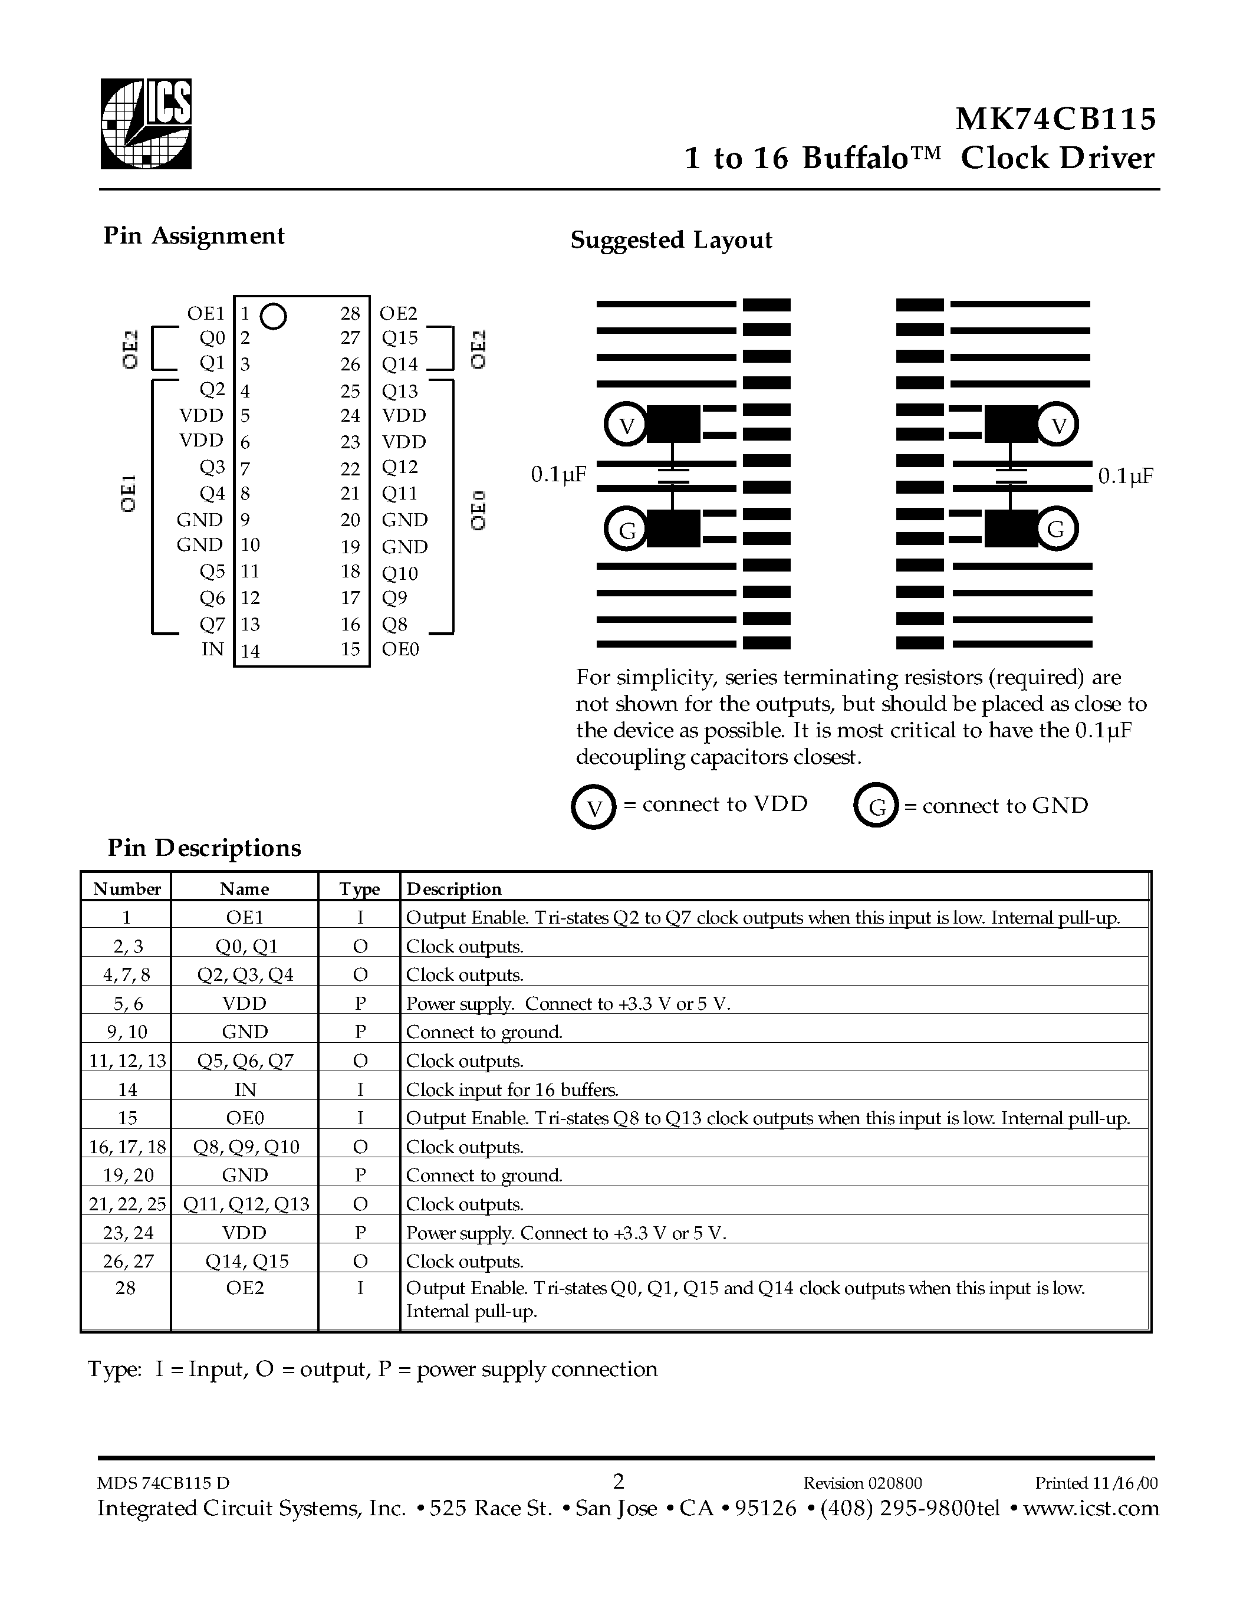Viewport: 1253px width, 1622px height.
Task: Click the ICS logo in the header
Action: coord(146,124)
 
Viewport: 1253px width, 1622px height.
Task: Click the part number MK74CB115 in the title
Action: coord(1055,119)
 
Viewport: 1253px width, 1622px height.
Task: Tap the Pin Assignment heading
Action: coord(194,236)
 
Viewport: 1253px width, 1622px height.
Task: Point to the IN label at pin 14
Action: coord(212,649)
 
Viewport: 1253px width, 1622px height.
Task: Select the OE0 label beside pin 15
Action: coord(400,649)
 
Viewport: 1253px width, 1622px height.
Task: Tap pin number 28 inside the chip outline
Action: coord(350,313)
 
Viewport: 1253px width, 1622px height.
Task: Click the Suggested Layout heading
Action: coord(671,240)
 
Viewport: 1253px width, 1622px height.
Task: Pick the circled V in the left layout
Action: coord(627,425)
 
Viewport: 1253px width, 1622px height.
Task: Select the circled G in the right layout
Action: coord(1055,530)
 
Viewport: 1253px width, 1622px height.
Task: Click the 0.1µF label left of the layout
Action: coord(558,475)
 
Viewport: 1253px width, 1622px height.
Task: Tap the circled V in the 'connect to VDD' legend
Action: coord(593,807)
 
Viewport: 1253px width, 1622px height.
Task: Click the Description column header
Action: coord(453,889)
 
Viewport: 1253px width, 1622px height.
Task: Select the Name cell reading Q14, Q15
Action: coord(245,1261)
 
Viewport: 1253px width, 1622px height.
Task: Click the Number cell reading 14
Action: coord(127,1089)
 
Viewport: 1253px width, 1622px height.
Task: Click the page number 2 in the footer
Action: coord(619,1482)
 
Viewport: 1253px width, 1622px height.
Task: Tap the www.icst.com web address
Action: coord(1090,1508)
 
